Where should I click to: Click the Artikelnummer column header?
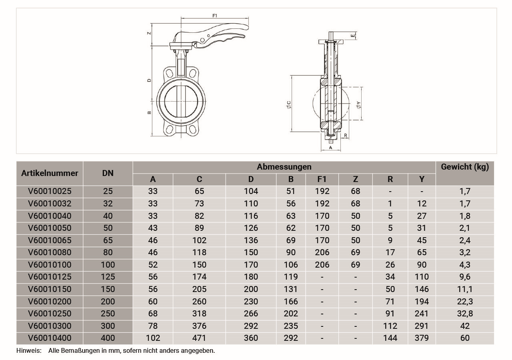point(50,173)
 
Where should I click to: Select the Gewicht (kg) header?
point(465,167)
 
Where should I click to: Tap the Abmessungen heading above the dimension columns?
point(284,167)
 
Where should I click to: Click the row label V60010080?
point(50,252)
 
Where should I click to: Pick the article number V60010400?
point(50,338)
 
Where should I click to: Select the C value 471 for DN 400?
point(199,338)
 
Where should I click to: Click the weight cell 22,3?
point(465,302)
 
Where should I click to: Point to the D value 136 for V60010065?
point(251,240)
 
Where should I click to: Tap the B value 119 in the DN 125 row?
point(291,277)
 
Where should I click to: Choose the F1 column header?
point(322,179)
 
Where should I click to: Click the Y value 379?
point(422,338)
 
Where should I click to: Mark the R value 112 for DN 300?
point(390,326)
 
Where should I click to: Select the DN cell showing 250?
point(108,314)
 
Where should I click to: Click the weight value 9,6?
point(465,277)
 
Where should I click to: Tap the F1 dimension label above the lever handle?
point(215,16)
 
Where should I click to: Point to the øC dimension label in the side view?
point(288,104)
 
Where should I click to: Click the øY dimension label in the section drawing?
point(358,105)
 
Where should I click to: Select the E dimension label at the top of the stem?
point(353,35)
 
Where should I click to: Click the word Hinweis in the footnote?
point(29,351)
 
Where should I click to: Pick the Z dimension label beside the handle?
point(149,33)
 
